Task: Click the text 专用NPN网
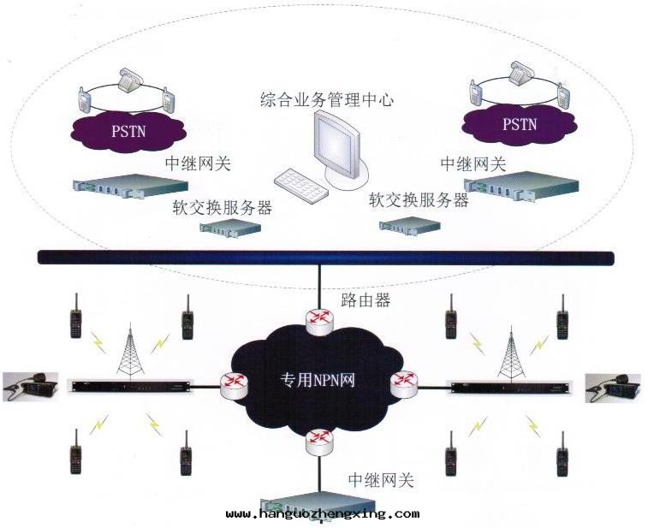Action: [x=318, y=378]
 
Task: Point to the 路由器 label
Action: [x=366, y=300]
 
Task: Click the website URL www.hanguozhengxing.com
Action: [x=323, y=514]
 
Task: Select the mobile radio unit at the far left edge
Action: [x=30, y=386]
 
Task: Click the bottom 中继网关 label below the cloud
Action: [x=381, y=480]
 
